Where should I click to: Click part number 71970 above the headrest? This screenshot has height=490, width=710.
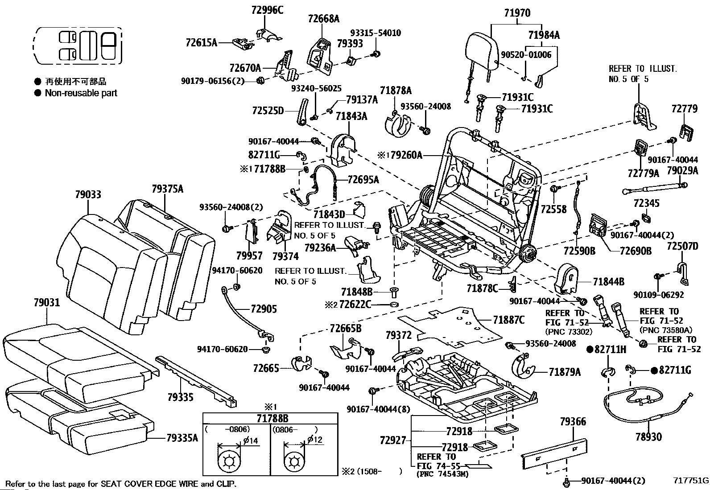point(517,13)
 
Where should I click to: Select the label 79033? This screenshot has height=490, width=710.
point(88,194)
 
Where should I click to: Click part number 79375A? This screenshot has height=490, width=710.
point(168,189)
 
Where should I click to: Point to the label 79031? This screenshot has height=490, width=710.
point(47,303)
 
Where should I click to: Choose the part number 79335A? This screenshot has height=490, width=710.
point(182,438)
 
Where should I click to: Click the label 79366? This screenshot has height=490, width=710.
point(573,421)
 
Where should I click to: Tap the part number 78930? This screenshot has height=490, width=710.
point(648,437)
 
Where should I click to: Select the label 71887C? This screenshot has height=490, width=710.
point(509,320)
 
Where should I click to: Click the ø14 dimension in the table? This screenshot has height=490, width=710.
point(251,441)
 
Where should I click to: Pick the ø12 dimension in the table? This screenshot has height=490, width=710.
point(315,440)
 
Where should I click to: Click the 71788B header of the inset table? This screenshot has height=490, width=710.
point(272,419)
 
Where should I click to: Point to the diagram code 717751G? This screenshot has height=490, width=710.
point(691,481)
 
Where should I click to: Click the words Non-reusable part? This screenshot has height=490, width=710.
point(81,93)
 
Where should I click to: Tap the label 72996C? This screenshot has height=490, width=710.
point(268,10)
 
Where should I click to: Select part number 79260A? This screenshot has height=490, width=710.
point(406,155)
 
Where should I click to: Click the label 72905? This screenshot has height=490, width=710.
point(264,309)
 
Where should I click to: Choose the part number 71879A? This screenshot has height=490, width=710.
point(565,372)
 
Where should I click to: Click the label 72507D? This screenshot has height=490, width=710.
point(682,246)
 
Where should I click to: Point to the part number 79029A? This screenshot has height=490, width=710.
point(682,171)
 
